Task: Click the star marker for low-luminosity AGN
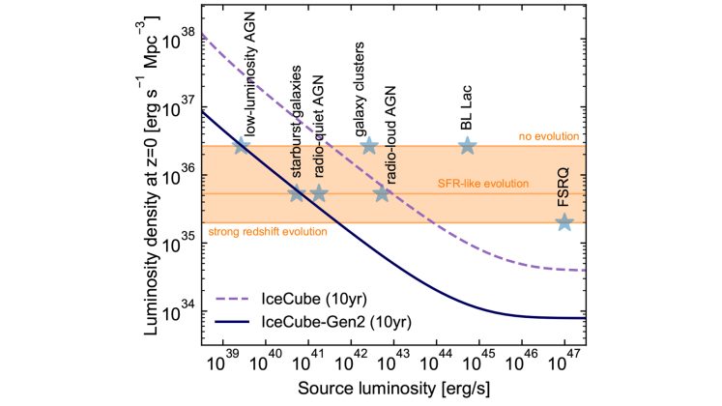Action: pos(242,145)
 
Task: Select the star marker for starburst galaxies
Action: pos(298,193)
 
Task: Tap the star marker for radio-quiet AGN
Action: pos(319,193)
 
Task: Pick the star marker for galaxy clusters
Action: pos(368,145)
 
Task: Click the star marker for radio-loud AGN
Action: pos(382,193)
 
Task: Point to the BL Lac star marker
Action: pos(467,145)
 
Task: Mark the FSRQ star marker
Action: pos(564,222)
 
